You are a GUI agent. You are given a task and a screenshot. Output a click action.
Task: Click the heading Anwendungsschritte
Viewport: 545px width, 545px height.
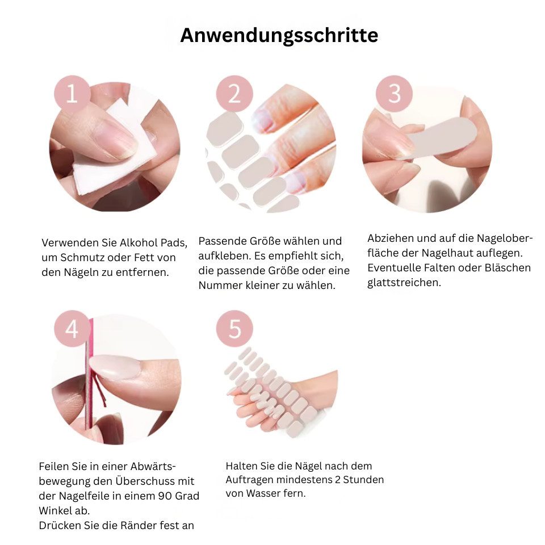[x=279, y=35]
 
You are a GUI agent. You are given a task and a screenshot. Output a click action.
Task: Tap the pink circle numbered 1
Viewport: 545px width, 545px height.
[x=72, y=93]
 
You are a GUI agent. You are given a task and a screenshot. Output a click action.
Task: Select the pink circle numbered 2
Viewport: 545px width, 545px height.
[x=234, y=93]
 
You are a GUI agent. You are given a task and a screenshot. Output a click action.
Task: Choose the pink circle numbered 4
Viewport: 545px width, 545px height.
[x=72, y=328]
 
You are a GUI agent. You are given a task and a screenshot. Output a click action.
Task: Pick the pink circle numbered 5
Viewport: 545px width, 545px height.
[x=234, y=328]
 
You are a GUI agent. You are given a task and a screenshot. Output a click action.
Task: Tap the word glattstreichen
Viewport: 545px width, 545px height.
[x=404, y=283]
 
